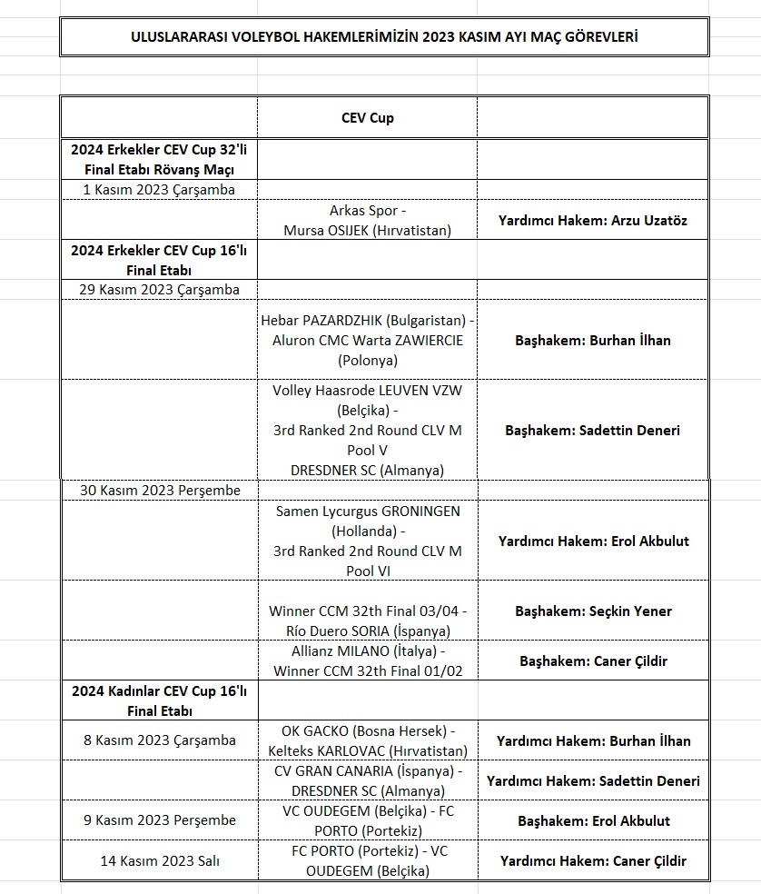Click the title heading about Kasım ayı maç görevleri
point(384,37)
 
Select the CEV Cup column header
point(367,118)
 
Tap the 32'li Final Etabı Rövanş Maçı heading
point(159,159)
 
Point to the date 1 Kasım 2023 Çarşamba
point(159,190)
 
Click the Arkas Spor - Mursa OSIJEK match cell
point(367,220)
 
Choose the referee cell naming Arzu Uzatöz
point(593,221)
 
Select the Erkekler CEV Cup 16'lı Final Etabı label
point(159,260)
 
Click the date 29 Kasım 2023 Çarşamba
point(159,290)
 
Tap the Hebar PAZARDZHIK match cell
point(367,340)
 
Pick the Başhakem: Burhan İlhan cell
point(593,340)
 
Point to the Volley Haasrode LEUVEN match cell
point(367,430)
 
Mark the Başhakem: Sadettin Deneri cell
point(593,430)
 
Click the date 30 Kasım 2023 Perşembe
point(160,491)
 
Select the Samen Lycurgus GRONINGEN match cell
point(367,541)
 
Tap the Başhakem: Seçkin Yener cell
point(593,611)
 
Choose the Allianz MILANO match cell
point(367,661)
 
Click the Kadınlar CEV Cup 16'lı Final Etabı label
point(159,700)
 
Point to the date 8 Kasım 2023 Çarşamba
point(159,740)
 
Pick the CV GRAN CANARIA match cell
point(367,780)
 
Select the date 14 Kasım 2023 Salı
point(159,860)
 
